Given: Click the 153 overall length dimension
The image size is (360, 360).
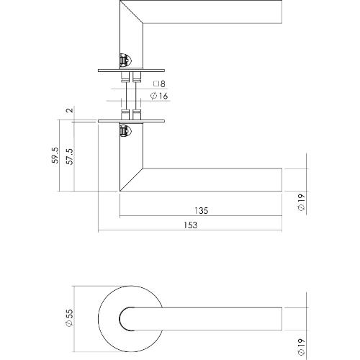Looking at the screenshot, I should click(189, 225).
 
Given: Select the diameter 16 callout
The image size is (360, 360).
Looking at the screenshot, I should click(158, 96).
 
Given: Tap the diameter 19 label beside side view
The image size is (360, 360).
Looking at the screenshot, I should click(301, 203).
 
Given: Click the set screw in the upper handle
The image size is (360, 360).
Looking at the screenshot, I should click(124, 60).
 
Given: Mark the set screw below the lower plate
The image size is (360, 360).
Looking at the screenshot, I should click(124, 131).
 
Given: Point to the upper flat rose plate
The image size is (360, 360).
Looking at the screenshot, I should click(130, 71).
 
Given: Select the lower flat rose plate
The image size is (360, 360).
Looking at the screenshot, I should click(130, 120).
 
